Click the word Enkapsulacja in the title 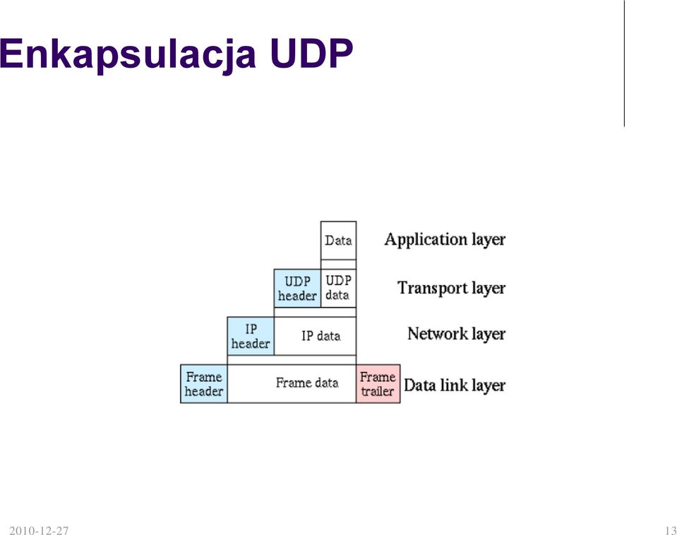[x=128, y=54]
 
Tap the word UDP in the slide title [x=312, y=54]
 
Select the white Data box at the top [x=339, y=241]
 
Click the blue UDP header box [x=297, y=289]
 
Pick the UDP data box [x=339, y=289]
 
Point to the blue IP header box [x=251, y=336]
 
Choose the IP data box [x=315, y=336]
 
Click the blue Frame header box [x=204, y=384]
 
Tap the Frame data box [x=292, y=384]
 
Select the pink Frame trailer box [x=378, y=384]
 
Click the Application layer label [x=445, y=240]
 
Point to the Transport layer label [x=451, y=288]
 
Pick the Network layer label [x=456, y=334]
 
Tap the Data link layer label [x=455, y=385]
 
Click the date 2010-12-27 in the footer [x=39, y=530]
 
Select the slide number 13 [x=671, y=530]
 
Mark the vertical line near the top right [x=624, y=64]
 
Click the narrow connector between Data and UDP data [x=339, y=264]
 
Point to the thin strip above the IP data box [x=315, y=312]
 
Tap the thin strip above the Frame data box [x=292, y=360]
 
